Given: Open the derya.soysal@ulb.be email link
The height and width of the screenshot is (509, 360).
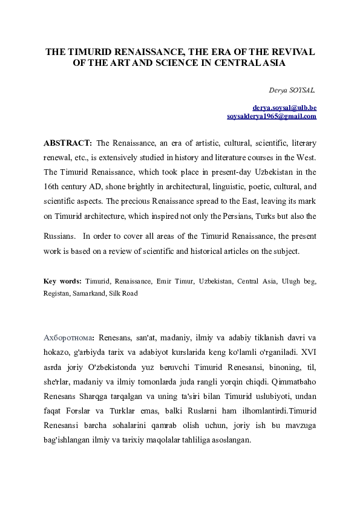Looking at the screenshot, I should point(284,108).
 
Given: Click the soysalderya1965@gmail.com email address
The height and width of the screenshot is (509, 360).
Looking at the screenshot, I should point(272,116).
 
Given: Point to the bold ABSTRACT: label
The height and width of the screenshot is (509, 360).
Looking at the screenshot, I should point(68,143).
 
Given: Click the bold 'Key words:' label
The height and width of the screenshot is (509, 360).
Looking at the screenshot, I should point(63,282).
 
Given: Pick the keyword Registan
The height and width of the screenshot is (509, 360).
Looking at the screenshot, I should point(58,293).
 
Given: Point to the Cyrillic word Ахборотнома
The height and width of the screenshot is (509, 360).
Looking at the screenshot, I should point(68,337).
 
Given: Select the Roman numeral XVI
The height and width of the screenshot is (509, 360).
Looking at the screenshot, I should point(307,351).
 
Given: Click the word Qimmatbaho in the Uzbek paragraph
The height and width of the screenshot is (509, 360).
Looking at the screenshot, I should point(292,381).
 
